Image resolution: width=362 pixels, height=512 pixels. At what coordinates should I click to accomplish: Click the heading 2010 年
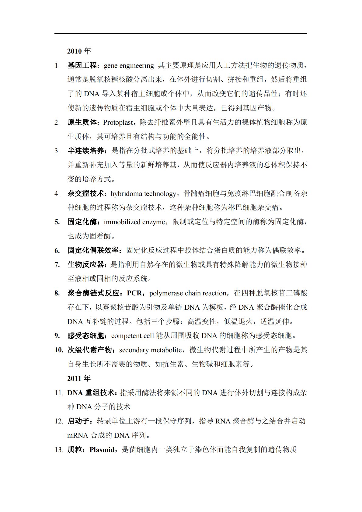pos(79,51)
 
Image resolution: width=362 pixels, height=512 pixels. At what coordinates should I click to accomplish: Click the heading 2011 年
pos(79,378)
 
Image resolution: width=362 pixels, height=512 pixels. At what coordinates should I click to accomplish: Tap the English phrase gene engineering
pos(129,65)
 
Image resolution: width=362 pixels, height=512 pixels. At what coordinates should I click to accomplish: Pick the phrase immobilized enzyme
pos(134,222)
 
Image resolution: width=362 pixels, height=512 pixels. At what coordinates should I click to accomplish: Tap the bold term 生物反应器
pos(85,265)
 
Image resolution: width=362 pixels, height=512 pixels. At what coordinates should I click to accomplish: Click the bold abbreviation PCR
pos(134,293)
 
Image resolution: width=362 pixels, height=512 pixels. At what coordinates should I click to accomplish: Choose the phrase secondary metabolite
pos(150,350)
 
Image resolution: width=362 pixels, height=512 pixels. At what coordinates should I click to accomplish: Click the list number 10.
pos(59,350)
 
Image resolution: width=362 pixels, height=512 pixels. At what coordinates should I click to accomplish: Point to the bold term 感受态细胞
pos(85,336)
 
